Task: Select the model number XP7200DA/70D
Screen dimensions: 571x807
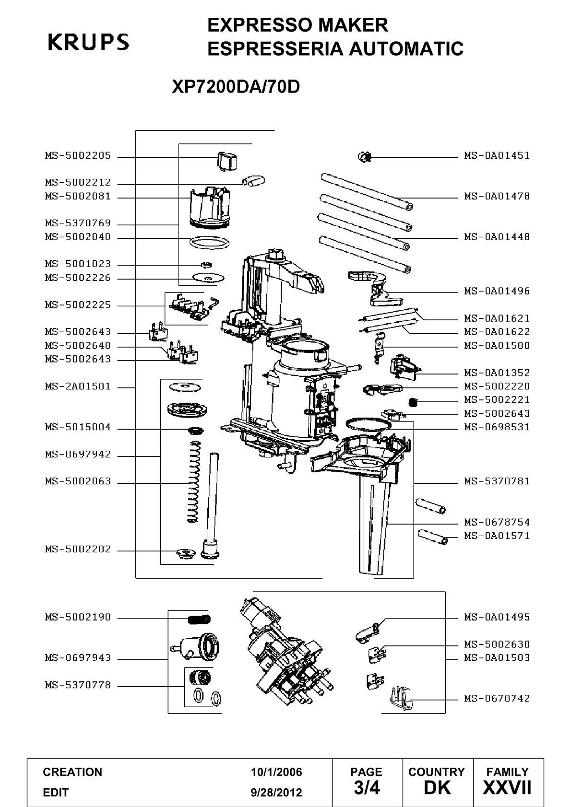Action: tap(236, 86)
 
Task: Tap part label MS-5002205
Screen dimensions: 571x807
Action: tap(78, 156)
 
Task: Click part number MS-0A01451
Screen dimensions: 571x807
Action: tap(497, 156)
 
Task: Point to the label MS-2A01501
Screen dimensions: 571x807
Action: tap(78, 386)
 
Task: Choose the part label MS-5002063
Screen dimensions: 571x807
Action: tap(78, 481)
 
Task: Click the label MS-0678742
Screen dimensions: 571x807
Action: tap(497, 699)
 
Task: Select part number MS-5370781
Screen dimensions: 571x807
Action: tap(497, 481)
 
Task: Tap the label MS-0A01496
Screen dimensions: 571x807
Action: tap(497, 291)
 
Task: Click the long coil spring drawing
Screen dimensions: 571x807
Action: tap(194, 482)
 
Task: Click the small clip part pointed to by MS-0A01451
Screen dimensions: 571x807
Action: tap(365, 157)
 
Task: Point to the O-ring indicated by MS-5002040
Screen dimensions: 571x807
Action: tap(209, 243)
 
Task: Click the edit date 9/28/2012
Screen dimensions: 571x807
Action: tap(276, 793)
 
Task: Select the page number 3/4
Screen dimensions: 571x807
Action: tap(367, 788)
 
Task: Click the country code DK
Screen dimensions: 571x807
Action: tap(437, 788)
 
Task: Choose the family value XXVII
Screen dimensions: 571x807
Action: tap(507, 788)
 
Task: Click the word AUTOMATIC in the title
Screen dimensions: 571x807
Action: tap(406, 48)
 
